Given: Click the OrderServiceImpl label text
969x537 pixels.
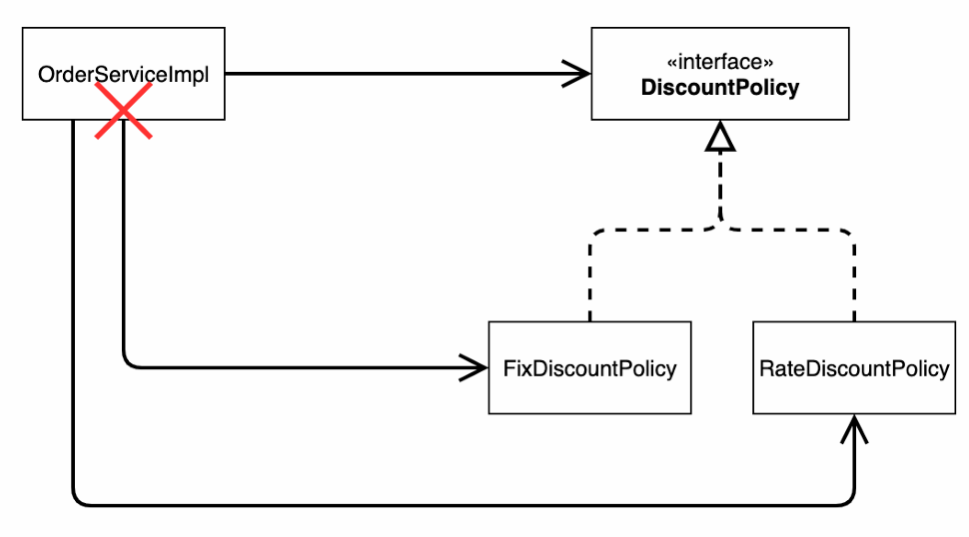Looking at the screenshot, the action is pos(124,75).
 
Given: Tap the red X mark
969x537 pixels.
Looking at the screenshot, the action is pos(124,111).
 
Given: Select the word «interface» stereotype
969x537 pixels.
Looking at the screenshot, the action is pos(720,62).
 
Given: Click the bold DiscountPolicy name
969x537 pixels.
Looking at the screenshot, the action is pos(720,87).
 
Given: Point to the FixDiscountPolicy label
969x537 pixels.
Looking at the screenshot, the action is pos(589,368).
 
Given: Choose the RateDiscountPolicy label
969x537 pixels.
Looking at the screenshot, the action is pos(854,368).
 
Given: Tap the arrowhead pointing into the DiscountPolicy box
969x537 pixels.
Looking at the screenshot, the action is pos(576,74).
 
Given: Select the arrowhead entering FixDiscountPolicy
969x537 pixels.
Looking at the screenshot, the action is pos(474,368).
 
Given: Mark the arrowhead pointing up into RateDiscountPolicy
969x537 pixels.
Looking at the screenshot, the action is pos(855,428).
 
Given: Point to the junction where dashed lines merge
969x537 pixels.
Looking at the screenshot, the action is pos(720,223).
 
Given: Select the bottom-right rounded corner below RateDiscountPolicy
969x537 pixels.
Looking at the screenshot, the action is pos(849,500).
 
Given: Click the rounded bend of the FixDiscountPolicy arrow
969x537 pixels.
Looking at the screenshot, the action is pos(129,363).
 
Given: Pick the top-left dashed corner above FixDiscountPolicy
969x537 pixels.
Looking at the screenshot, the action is pos(594,235).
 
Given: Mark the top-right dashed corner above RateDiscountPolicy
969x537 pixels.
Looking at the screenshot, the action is pos(850,235).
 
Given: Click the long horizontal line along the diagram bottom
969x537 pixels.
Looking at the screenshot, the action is pos(464,505).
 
